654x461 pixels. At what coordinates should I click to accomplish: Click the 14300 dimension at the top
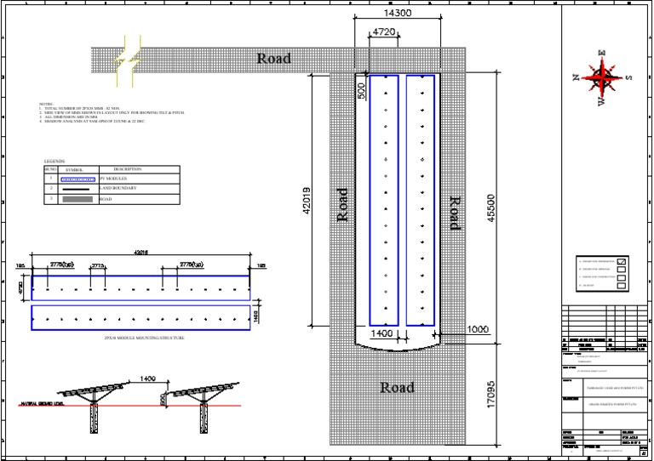(x=399, y=14)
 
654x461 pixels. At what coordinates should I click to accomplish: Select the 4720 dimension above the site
(x=385, y=33)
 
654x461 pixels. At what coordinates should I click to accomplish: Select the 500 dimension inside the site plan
(x=361, y=91)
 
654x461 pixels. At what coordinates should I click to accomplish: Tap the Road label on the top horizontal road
(x=274, y=59)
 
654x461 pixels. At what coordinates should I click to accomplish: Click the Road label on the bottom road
(x=397, y=388)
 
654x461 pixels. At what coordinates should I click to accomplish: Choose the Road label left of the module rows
(x=343, y=204)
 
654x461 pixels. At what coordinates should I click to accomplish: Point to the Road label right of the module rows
(x=454, y=213)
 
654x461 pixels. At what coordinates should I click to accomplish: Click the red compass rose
(x=604, y=79)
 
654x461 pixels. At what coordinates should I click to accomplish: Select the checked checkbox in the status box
(x=621, y=260)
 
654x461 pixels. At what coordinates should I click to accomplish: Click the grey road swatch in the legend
(x=79, y=199)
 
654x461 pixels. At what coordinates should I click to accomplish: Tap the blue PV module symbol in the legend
(x=79, y=179)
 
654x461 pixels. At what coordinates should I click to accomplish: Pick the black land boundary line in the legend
(x=79, y=189)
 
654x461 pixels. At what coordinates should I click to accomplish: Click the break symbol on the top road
(x=130, y=60)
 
